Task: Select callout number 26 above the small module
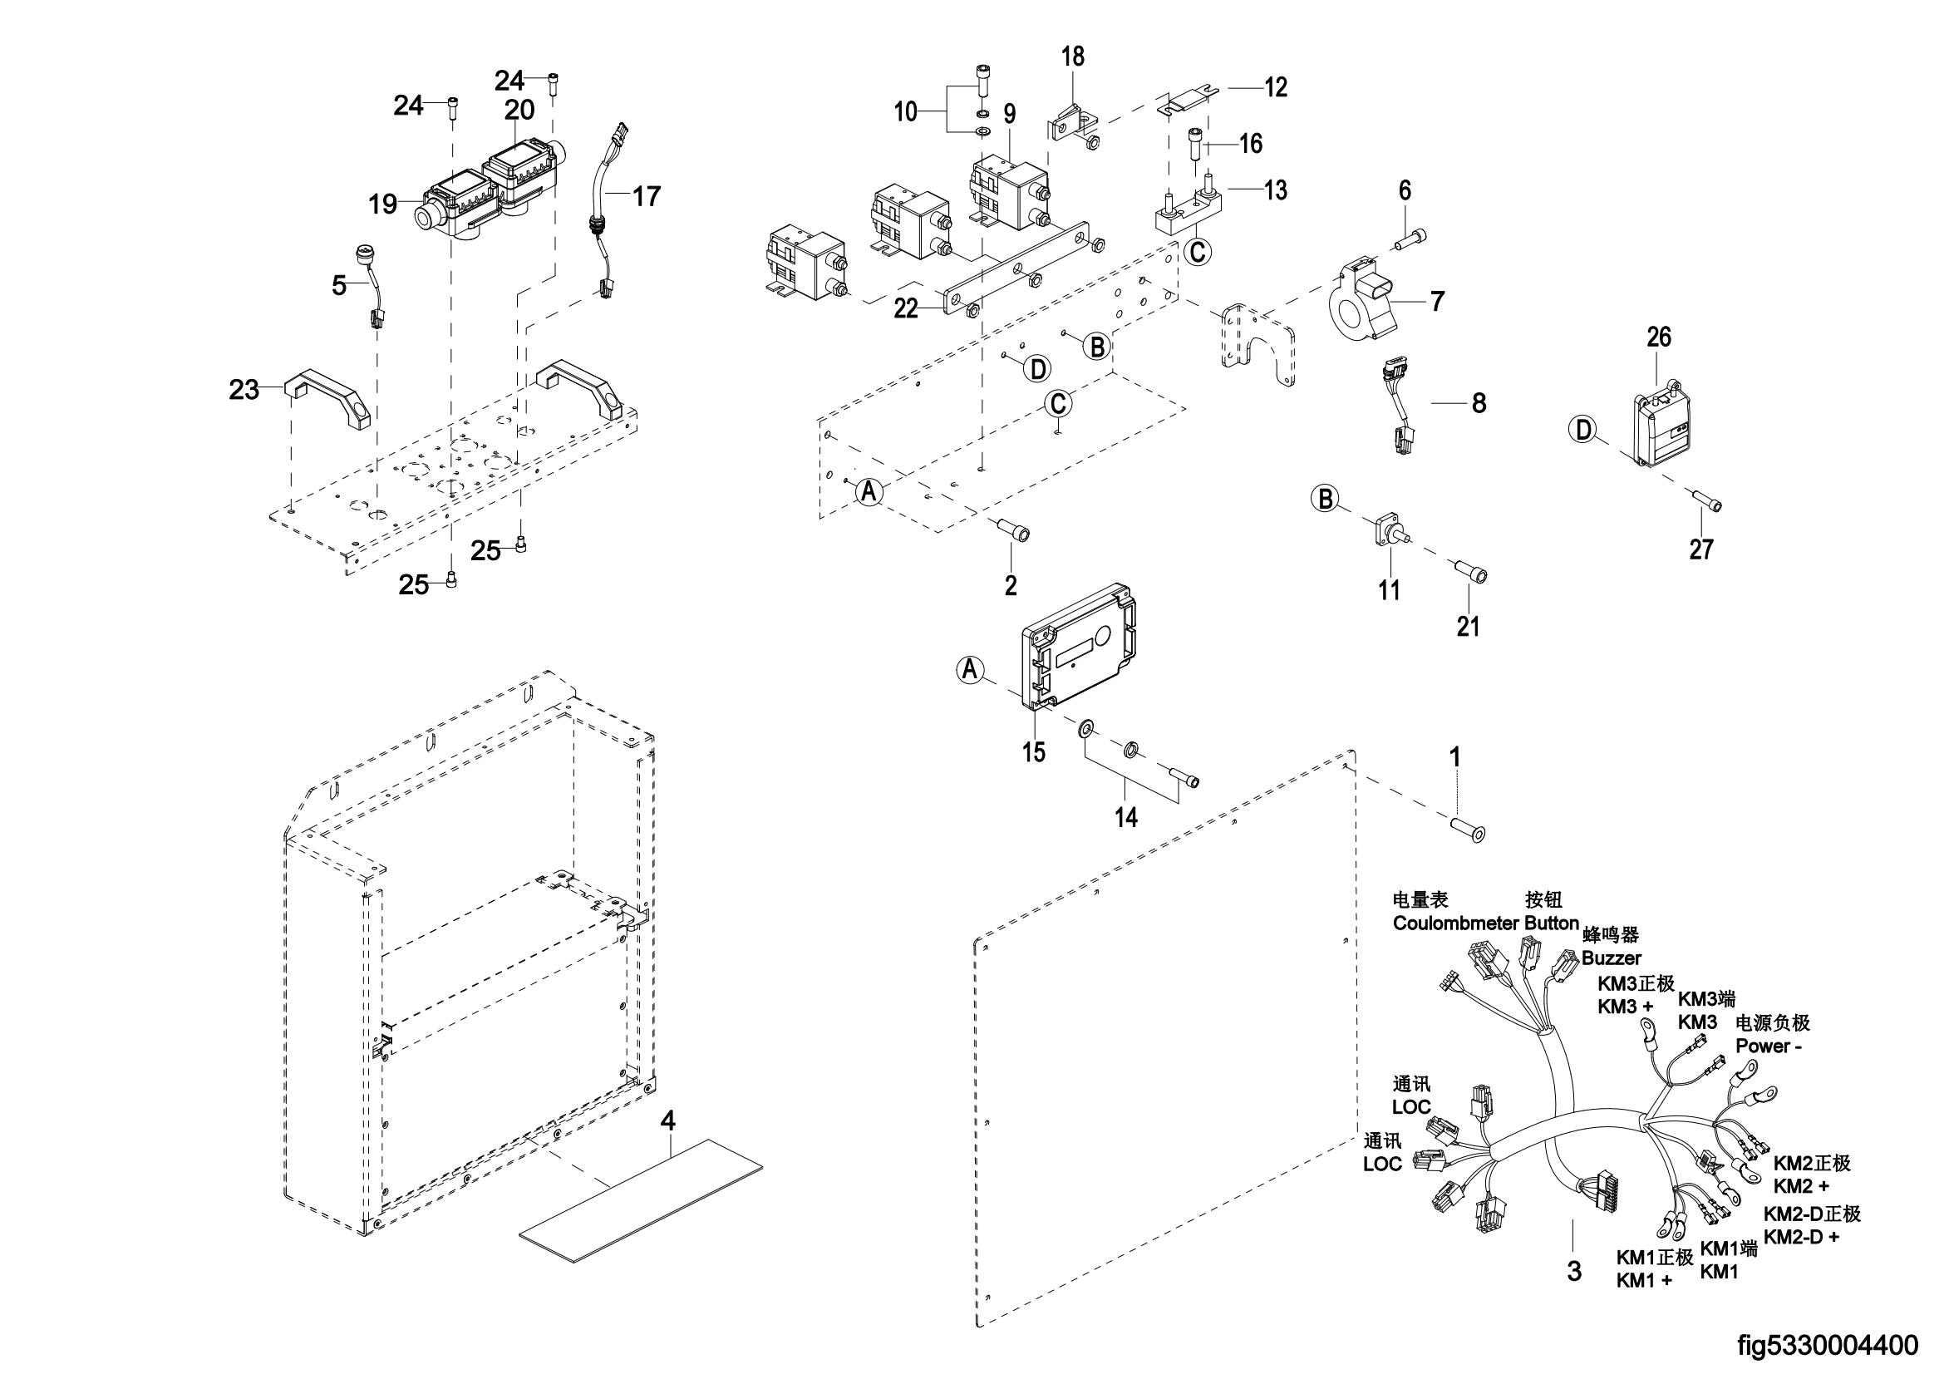click(x=1659, y=337)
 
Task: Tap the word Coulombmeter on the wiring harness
click(x=1455, y=923)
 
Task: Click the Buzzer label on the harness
click(x=1612, y=958)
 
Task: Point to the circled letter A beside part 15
click(x=971, y=670)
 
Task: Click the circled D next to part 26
click(x=1582, y=430)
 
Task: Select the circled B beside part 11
click(x=1326, y=498)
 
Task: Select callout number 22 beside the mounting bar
click(x=906, y=309)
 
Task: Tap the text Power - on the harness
click(x=1768, y=1046)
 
